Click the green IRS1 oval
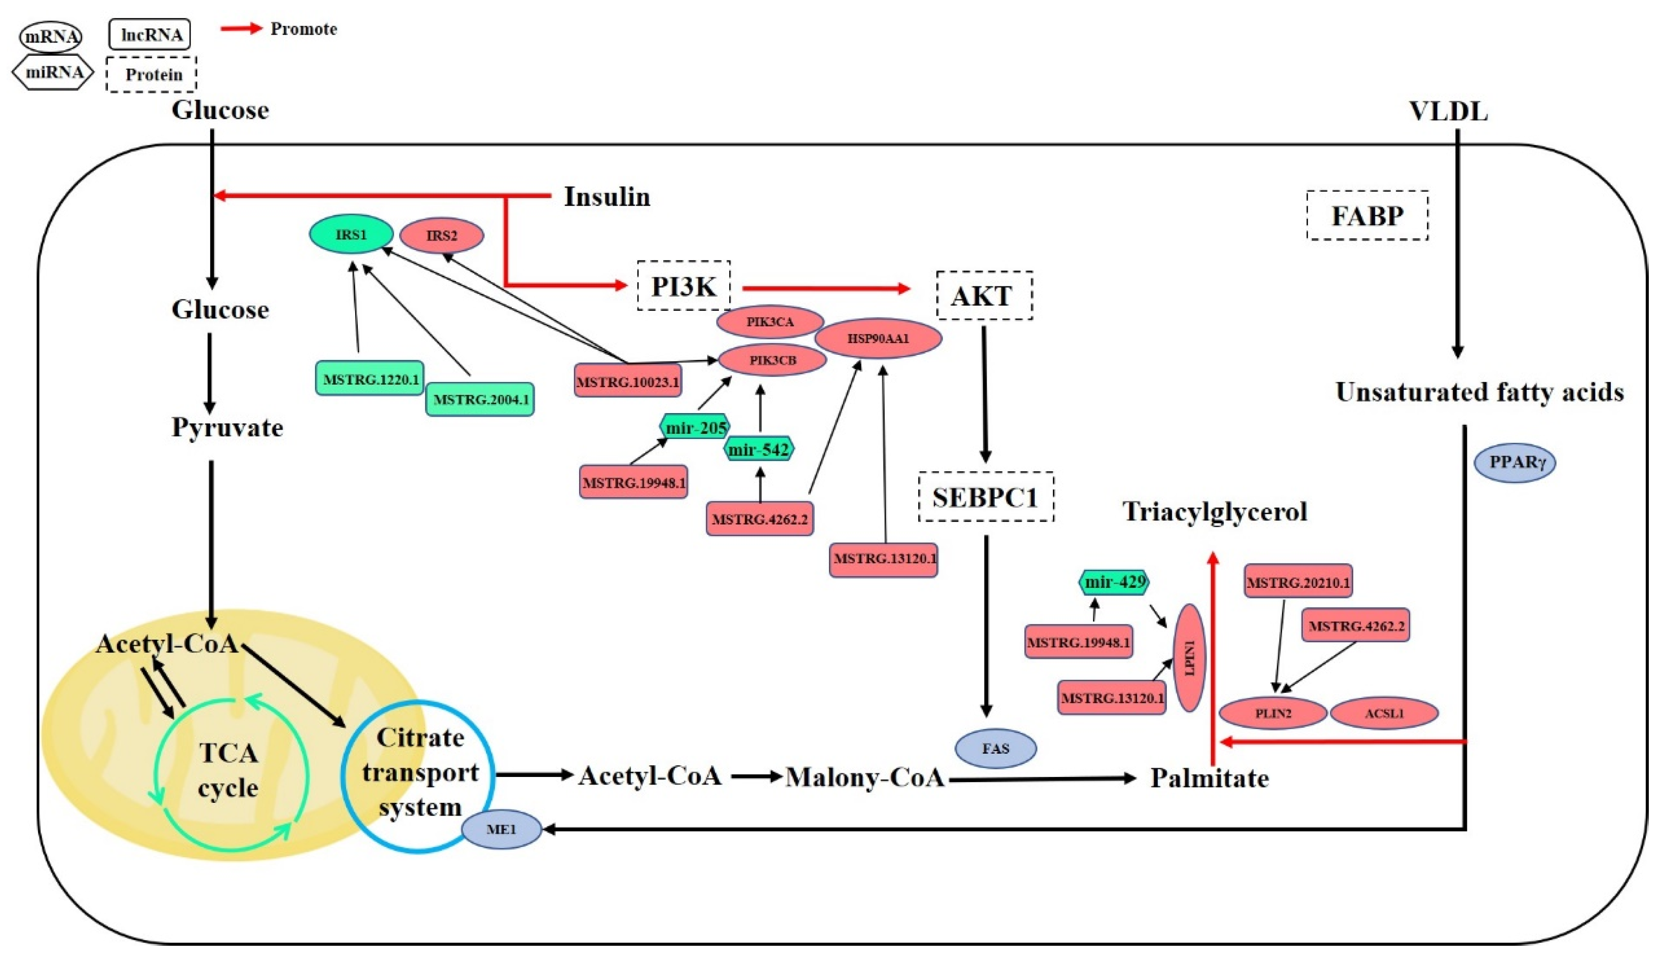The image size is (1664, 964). point(351,234)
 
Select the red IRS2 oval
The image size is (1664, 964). point(442,236)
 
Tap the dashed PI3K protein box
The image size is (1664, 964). point(684,286)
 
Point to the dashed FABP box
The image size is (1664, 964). point(1367,216)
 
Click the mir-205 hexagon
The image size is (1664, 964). point(695,428)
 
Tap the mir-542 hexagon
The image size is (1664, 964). point(759,450)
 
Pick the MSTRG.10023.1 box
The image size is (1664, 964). point(627,382)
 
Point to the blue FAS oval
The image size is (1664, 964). point(996,748)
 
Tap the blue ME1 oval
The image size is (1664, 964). point(501,829)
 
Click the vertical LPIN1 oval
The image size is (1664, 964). point(1189,658)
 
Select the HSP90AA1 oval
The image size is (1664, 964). point(878,339)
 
